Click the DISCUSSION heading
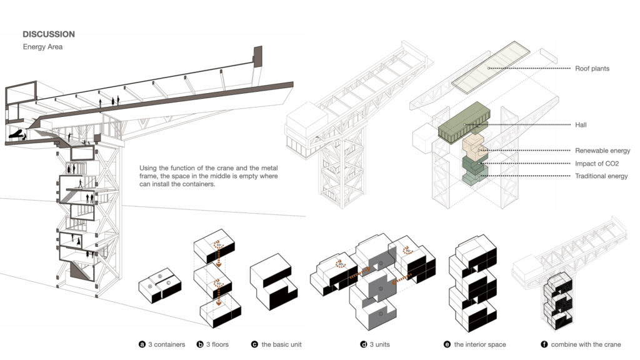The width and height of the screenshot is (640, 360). (x=49, y=34)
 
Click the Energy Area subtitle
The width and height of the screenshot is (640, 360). (x=42, y=47)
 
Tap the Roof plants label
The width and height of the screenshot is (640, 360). (x=592, y=68)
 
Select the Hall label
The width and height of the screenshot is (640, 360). (x=581, y=125)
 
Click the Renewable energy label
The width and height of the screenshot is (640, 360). (x=602, y=151)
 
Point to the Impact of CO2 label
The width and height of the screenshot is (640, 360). (x=597, y=164)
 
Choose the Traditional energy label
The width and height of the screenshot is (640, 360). (x=601, y=177)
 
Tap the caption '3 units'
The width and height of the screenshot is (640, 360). (x=380, y=344)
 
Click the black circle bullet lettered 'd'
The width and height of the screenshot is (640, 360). (x=363, y=344)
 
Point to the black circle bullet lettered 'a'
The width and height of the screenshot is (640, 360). (x=142, y=344)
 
